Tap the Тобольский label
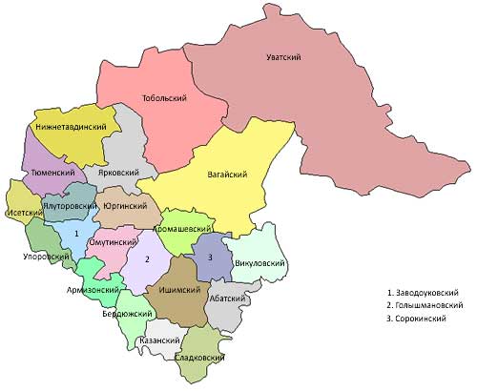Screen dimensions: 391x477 [163, 98]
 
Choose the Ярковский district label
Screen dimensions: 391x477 [118, 173]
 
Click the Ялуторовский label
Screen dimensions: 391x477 [71, 206]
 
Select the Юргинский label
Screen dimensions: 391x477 [126, 205]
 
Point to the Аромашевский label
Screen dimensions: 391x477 [184, 230]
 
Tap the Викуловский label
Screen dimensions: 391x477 [259, 259]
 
